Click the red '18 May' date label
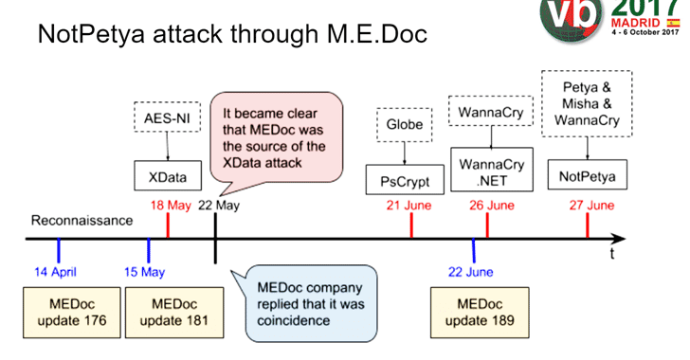point(167,206)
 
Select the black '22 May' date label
point(218,206)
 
